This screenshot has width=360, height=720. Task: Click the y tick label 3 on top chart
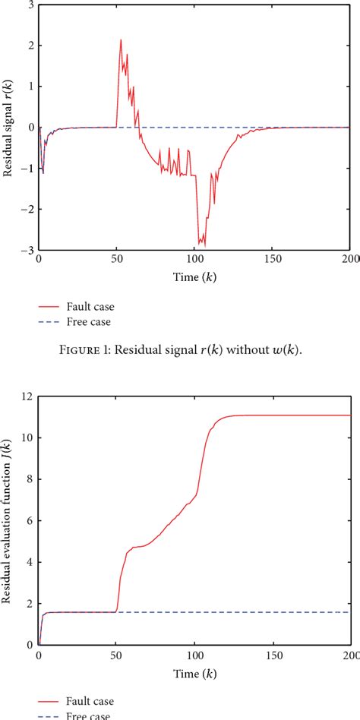coord(30,5)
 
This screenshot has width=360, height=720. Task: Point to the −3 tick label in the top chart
coord(28,250)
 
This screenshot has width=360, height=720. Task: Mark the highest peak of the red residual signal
coord(121,40)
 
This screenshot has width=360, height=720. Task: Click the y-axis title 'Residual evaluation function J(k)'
coord(9,520)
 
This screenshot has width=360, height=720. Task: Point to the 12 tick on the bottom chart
coord(28,396)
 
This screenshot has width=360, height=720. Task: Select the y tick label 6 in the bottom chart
coord(30,521)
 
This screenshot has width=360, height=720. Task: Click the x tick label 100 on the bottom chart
coord(194,655)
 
